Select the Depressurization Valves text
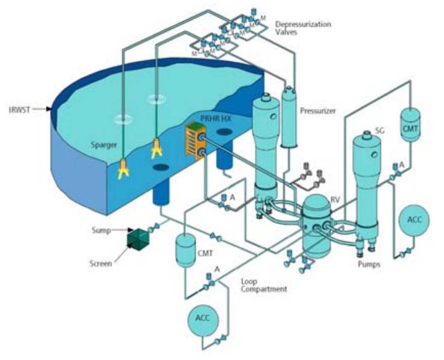click(303, 28)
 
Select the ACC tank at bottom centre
click(204, 319)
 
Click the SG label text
click(379, 130)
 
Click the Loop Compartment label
click(264, 285)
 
